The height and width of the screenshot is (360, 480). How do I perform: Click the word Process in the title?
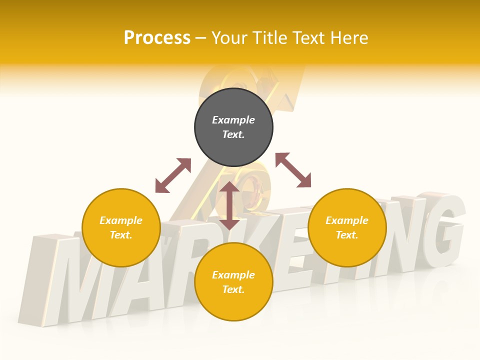157,38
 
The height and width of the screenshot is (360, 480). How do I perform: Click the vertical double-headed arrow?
229,205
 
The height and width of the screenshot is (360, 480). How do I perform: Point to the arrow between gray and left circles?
173,175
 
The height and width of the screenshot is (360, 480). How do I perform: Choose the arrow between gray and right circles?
293,170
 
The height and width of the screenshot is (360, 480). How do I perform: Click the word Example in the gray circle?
233,120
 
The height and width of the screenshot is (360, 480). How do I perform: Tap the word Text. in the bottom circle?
233,289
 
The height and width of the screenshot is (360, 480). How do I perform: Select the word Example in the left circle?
121,220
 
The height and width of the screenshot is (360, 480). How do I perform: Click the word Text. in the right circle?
347,235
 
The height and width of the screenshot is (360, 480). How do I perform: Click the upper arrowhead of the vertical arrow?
229,187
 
